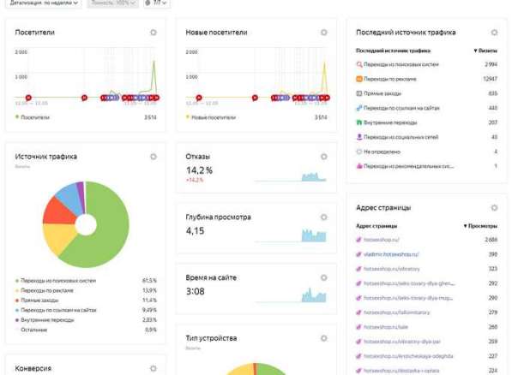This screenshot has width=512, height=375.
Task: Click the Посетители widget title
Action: (x=35, y=33)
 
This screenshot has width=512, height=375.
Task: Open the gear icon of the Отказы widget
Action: (x=324, y=157)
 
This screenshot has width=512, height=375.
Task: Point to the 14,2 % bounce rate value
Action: (x=200, y=170)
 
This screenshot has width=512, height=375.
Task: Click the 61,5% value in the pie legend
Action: (x=149, y=280)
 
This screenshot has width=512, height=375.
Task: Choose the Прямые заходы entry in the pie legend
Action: (x=40, y=300)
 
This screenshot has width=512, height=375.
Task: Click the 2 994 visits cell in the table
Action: (x=491, y=64)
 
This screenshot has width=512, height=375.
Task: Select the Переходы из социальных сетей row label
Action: (x=401, y=136)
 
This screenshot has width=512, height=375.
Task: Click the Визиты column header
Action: (x=486, y=51)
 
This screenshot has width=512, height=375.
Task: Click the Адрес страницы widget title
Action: (x=382, y=207)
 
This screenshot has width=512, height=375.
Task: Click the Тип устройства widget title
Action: (x=211, y=338)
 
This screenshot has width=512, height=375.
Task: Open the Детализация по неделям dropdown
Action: (x=42, y=3)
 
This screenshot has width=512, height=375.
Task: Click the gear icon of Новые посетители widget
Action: (x=324, y=33)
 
